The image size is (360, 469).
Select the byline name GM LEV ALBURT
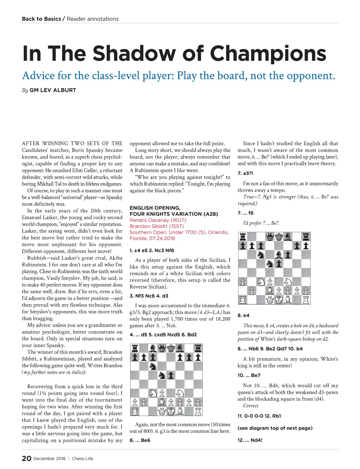(x=53, y=90)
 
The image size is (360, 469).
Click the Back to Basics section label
(x=41, y=19)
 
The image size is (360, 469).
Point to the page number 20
(x=27, y=458)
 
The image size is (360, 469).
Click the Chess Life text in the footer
(x=83, y=458)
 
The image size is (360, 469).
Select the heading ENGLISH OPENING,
(x=155, y=208)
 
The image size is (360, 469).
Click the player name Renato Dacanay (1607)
(x=158, y=220)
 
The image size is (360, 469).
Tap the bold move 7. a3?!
(x=245, y=173)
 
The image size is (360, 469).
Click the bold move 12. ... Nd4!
(x=250, y=440)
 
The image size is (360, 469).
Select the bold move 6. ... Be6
(x=140, y=440)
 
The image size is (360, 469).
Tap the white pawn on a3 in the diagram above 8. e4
(x=243, y=282)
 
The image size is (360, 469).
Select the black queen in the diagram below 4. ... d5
(x=162, y=348)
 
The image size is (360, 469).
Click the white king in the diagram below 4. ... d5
(x=171, y=411)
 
